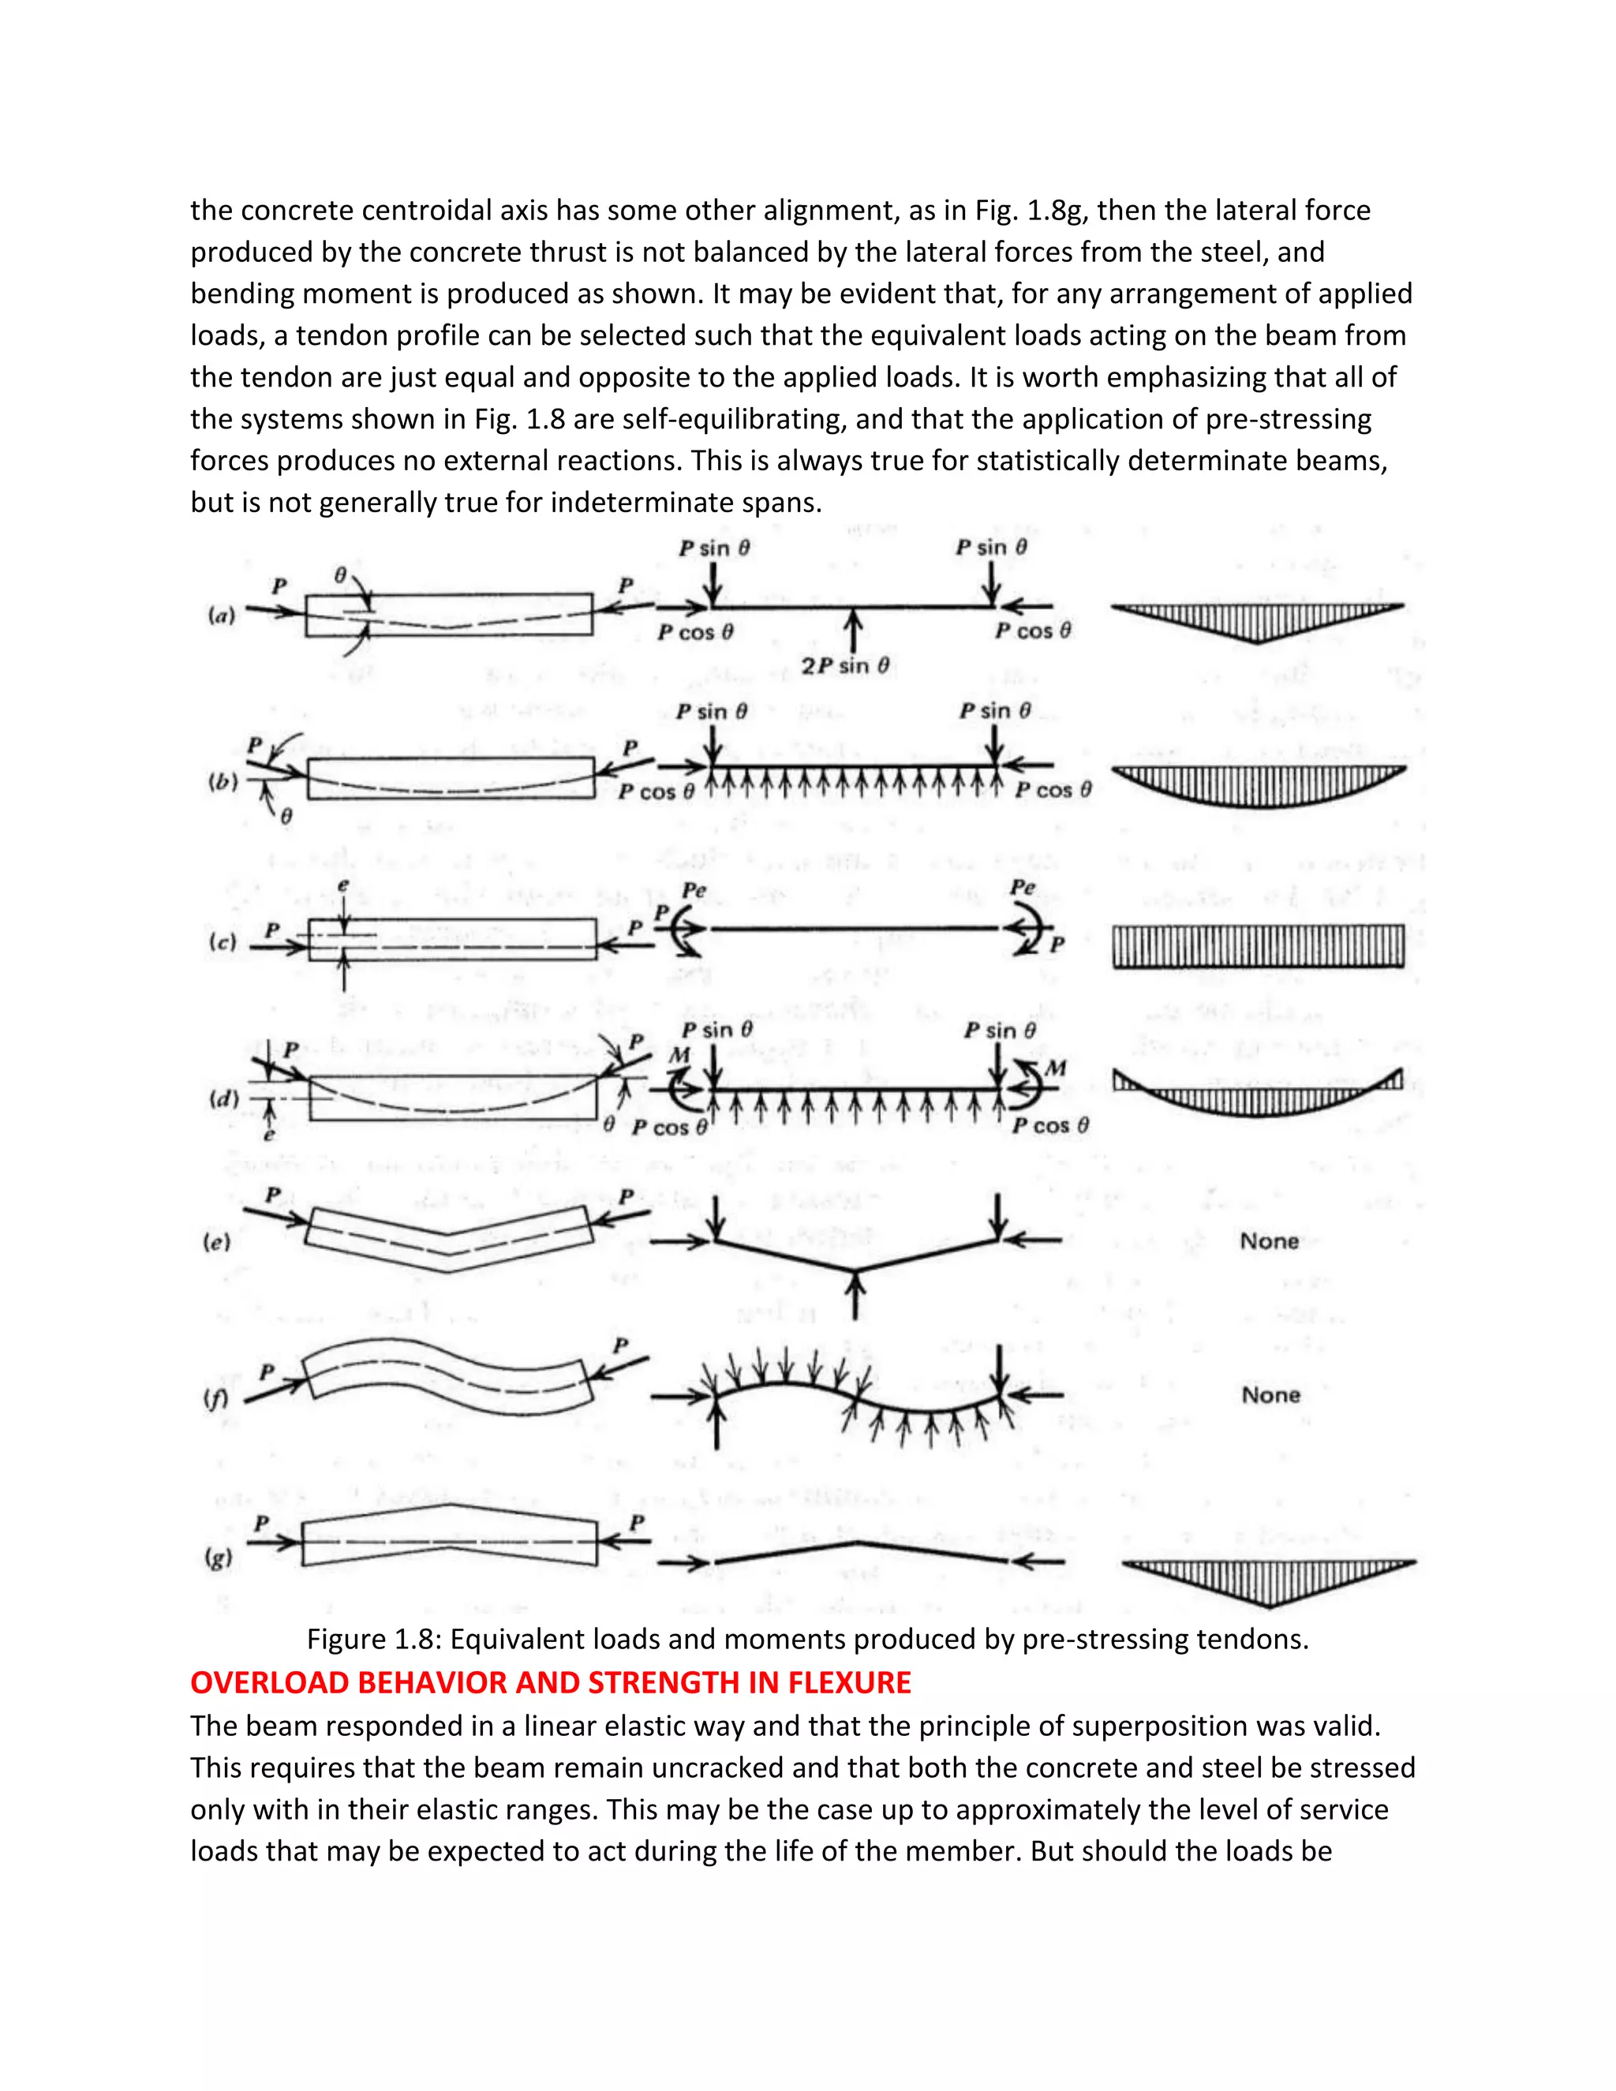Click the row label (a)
pyautogui.click(x=221, y=615)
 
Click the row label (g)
pyautogui.click(x=219, y=1558)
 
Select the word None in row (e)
pyautogui.click(x=1270, y=1242)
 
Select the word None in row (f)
pyautogui.click(x=1270, y=1395)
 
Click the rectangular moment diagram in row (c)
pyautogui.click(x=1258, y=946)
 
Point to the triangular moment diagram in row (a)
pyautogui.click(x=1257, y=621)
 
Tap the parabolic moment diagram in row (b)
pyautogui.click(x=1258, y=784)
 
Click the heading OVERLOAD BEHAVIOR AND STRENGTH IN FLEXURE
pyautogui.click(x=551, y=1682)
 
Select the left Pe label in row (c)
pyautogui.click(x=694, y=890)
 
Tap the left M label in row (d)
pyautogui.click(x=679, y=1055)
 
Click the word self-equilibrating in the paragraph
pyautogui.click(x=731, y=418)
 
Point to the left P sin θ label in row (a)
pyautogui.click(x=714, y=548)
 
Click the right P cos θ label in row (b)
pyautogui.click(x=1053, y=790)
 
